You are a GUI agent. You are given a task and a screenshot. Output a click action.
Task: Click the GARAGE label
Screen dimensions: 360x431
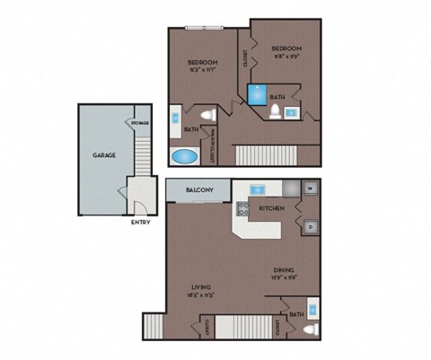pyautogui.click(x=104, y=155)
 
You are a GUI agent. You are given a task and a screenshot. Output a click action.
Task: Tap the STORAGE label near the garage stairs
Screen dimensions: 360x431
pyautogui.click(x=141, y=122)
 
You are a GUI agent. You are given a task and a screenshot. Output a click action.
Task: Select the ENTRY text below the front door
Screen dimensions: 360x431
pyautogui.click(x=141, y=222)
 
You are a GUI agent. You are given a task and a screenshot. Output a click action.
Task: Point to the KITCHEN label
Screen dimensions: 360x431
pyautogui.click(x=272, y=208)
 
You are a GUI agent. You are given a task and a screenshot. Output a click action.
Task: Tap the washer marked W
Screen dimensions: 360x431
pyautogui.click(x=310, y=189)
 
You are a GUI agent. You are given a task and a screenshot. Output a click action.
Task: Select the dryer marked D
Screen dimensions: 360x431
pyautogui.click(x=310, y=226)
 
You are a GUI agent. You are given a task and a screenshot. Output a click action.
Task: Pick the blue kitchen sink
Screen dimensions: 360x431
pyautogui.click(x=257, y=189)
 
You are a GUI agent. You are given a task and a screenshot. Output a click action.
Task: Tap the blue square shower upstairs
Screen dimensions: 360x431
pyautogui.click(x=256, y=92)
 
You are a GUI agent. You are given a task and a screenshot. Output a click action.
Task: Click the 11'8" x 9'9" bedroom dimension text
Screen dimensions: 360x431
pyautogui.click(x=286, y=55)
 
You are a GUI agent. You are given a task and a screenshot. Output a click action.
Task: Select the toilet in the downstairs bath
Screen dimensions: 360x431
pyautogui.click(x=310, y=329)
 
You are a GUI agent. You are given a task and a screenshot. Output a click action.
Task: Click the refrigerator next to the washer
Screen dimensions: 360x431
pyautogui.click(x=291, y=189)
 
